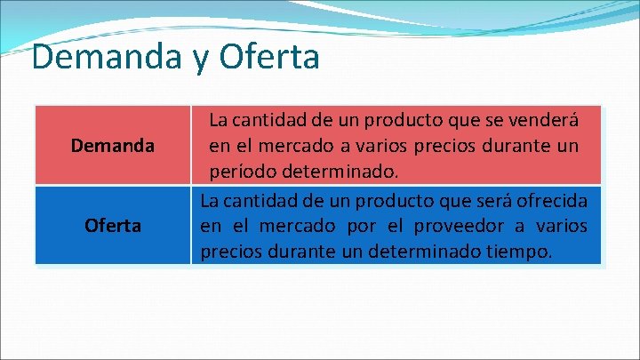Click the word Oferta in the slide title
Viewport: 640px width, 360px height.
pos(272,58)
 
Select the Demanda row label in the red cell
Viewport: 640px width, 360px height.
pos(113,144)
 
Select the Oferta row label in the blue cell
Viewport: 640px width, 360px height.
pos(113,226)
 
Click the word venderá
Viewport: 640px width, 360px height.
pos(543,119)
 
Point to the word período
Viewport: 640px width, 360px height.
pos(241,169)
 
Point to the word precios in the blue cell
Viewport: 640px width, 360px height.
pos(230,252)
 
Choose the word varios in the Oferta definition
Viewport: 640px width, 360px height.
pos(561,225)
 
